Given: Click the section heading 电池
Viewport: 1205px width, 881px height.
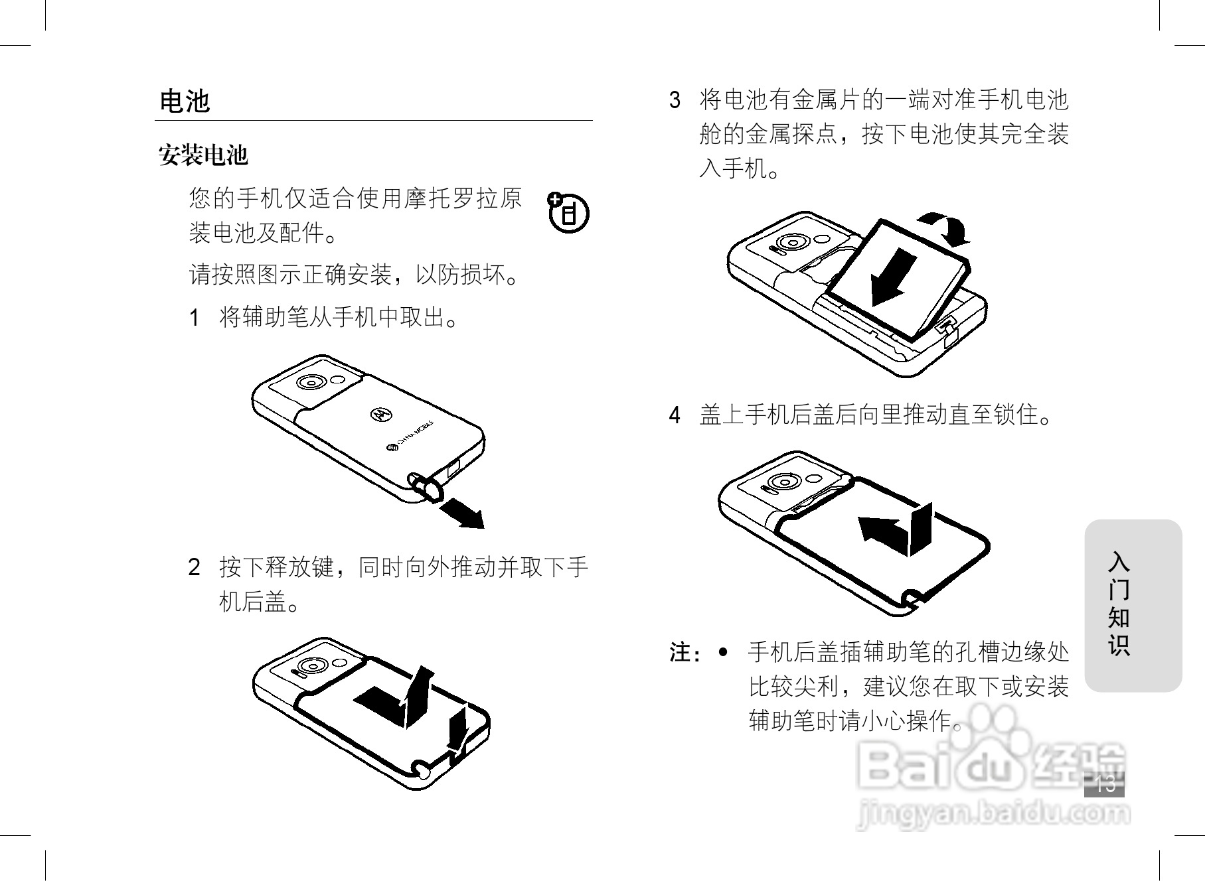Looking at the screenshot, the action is click(185, 102).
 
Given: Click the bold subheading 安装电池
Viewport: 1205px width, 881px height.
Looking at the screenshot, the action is click(203, 156).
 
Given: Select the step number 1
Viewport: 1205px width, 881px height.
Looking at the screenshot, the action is click(194, 318).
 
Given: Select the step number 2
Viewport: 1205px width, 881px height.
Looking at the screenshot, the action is click(194, 568).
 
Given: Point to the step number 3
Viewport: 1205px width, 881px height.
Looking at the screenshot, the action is click(675, 101).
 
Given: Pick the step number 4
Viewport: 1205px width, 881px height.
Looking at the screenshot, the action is click(675, 416).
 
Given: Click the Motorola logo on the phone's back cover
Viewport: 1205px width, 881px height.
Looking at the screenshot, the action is click(380, 413).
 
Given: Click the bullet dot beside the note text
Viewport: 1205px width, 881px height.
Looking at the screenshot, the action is click(723, 652).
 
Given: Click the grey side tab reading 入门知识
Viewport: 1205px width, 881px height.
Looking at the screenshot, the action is click(1133, 605).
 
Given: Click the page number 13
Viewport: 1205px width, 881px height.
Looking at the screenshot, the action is click(1105, 785).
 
